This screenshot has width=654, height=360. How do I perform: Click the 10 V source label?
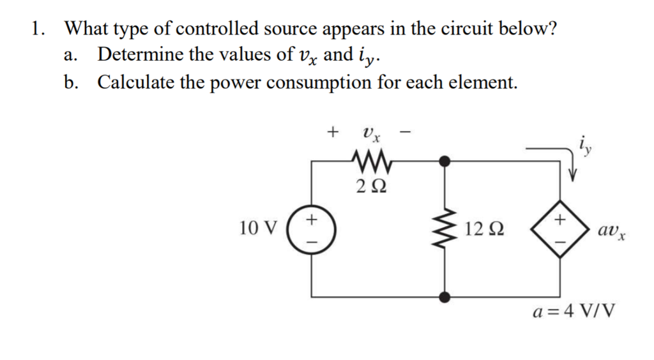tap(259, 228)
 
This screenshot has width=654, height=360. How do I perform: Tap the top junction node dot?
tap(446, 161)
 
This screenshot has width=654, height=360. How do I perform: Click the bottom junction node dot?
tap(446, 296)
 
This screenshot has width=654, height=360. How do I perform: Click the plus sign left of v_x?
tap(331, 133)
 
